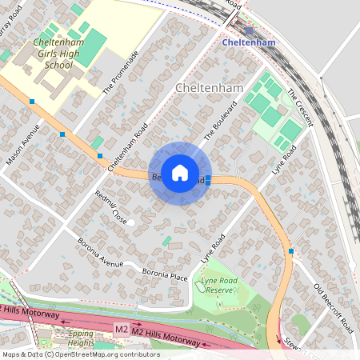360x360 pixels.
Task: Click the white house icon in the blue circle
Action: [180, 173]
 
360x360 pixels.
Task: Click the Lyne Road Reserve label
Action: [217, 285]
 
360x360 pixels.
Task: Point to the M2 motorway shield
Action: [121, 329]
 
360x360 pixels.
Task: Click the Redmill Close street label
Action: [110, 206]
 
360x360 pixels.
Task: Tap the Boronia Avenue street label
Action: [100, 253]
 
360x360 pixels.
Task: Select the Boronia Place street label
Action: [164, 275]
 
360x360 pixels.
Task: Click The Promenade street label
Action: [121, 73]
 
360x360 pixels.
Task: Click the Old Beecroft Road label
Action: [333, 308]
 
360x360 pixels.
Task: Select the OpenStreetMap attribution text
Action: [81, 354]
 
